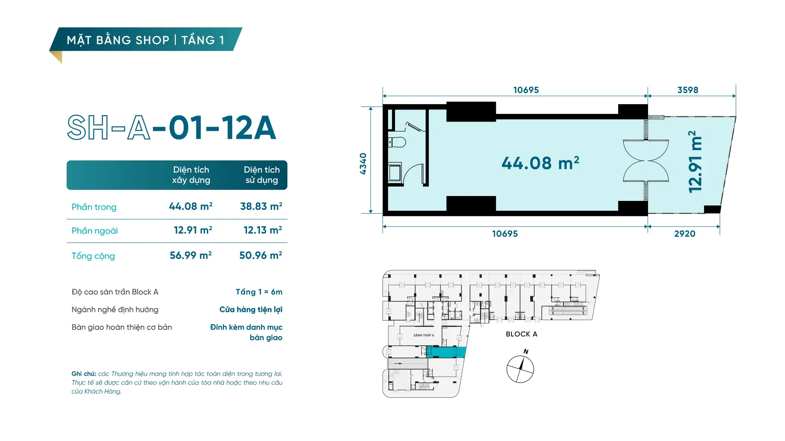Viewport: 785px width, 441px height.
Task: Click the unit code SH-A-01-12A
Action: (x=172, y=127)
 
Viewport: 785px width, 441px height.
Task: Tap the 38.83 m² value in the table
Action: (x=261, y=206)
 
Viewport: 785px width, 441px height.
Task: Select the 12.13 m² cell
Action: (x=263, y=230)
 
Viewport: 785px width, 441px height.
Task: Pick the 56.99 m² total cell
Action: (x=191, y=255)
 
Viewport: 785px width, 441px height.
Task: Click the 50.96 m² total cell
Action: (x=261, y=255)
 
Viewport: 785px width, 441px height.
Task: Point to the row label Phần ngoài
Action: (x=94, y=231)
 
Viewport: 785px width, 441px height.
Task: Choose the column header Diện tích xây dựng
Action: (x=191, y=175)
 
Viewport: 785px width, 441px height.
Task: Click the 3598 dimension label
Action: (x=688, y=90)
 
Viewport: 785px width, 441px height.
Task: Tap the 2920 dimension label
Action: (x=685, y=234)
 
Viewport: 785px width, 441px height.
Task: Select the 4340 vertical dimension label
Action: (x=363, y=164)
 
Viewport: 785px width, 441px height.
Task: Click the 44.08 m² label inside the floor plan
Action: (x=541, y=163)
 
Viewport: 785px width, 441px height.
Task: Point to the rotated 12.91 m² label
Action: (x=695, y=162)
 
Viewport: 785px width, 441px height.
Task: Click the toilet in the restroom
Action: (x=397, y=142)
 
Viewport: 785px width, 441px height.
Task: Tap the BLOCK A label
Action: (x=521, y=334)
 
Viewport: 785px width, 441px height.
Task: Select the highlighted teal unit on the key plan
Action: (x=446, y=352)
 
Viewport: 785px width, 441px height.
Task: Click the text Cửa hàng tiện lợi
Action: (x=251, y=310)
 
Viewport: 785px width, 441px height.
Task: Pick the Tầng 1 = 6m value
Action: (x=259, y=292)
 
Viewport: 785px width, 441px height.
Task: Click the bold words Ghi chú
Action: (x=84, y=374)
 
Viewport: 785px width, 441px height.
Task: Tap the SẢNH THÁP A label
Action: (x=424, y=335)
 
